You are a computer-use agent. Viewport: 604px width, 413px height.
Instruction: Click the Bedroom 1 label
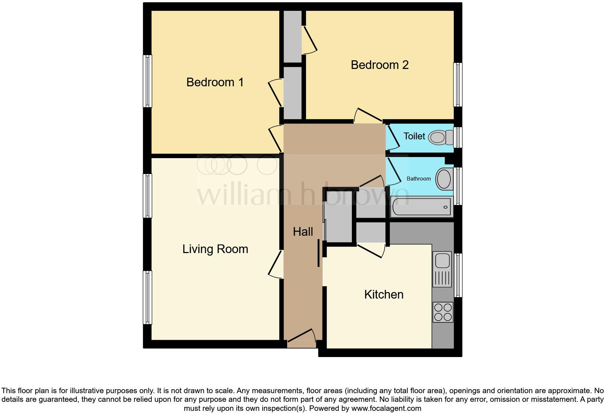point(215,82)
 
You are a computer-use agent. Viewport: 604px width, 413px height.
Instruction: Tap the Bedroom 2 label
point(379,65)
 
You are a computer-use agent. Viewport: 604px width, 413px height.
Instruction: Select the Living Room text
point(215,249)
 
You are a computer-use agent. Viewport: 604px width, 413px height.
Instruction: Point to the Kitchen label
point(384,295)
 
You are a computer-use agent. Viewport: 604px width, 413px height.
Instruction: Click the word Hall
point(303,232)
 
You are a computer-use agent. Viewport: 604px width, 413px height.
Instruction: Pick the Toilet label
point(414,136)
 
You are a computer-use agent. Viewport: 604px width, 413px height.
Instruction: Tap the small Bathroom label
point(418,179)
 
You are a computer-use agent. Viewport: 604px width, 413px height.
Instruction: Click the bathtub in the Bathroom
point(422,207)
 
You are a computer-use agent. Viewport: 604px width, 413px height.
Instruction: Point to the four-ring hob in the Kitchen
point(443,312)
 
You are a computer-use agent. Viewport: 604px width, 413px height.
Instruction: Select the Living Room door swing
point(276,264)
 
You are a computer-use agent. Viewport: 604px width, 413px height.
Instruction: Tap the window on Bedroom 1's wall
point(147,81)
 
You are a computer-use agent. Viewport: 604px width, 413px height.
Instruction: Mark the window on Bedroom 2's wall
point(458,84)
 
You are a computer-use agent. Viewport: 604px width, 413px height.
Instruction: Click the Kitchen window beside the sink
point(458,275)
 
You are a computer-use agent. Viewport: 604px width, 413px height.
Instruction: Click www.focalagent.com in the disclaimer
point(386,409)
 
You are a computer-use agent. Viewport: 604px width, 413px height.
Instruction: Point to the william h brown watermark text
point(303,195)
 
